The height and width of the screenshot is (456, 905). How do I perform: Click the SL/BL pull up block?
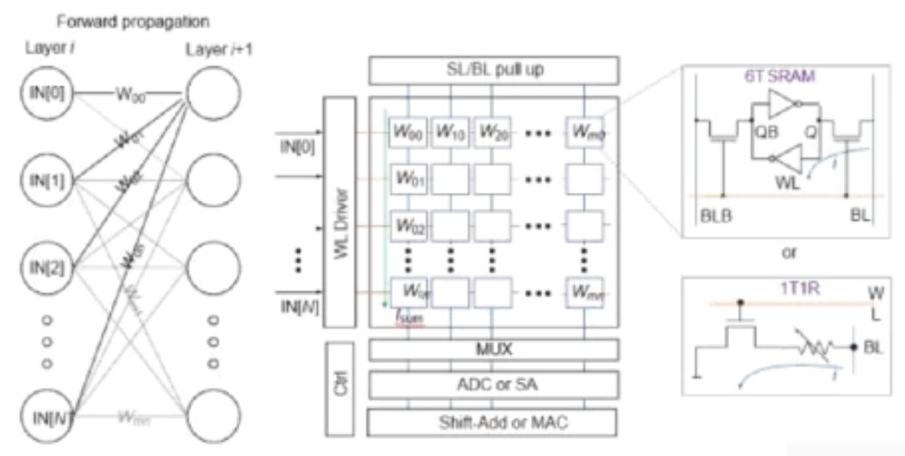[493, 69]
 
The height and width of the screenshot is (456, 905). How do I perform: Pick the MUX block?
[493, 349]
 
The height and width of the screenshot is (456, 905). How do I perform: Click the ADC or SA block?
[493, 384]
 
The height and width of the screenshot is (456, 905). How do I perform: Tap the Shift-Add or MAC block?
[493, 422]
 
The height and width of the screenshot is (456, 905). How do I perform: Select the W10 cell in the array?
[449, 134]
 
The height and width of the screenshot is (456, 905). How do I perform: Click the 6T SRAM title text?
[791, 77]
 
